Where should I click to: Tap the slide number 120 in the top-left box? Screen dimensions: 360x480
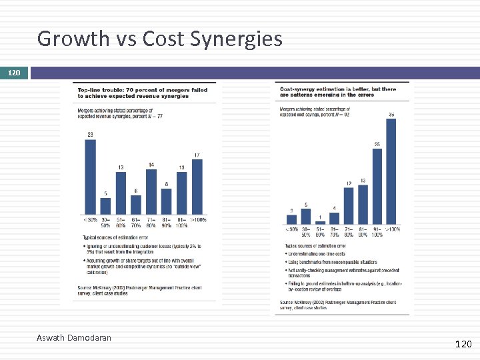[14, 71]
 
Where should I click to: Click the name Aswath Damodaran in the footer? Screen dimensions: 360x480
[73, 338]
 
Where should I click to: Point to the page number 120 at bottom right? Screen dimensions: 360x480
[463, 344]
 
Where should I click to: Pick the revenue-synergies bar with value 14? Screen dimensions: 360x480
[151, 191]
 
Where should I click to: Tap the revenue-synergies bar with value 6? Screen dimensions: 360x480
[136, 203]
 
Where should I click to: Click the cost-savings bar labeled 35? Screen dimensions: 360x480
[391, 171]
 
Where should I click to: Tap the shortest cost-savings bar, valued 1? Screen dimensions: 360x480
[320, 222]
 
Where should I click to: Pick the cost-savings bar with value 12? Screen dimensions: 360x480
[349, 205]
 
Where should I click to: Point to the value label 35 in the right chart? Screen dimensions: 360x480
[391, 115]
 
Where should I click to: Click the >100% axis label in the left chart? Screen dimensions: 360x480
[197, 220]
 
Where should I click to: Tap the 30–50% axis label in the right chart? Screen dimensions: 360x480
[306, 231]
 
